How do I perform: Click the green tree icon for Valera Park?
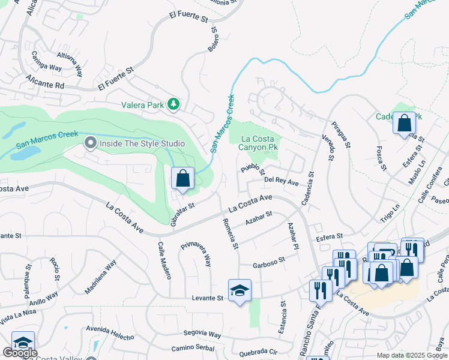point(173,104)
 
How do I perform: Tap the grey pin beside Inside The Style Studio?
point(91,143)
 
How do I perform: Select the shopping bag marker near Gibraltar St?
point(182,179)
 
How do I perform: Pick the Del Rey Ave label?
point(282,181)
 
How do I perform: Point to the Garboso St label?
point(268,262)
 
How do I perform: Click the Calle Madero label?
point(164,260)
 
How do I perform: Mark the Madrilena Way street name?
point(100,277)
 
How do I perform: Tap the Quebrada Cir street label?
point(258,353)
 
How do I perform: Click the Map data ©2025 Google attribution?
point(411,355)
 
